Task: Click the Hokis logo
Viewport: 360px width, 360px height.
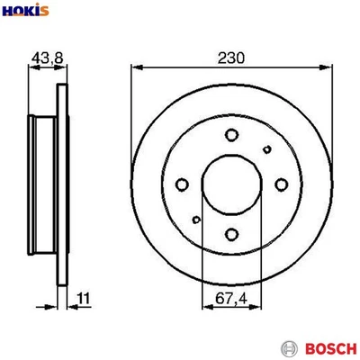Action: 26,12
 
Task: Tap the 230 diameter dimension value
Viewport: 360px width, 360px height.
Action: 232,56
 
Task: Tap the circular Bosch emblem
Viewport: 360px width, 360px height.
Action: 288,347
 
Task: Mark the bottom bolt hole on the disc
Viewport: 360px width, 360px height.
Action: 231,235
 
